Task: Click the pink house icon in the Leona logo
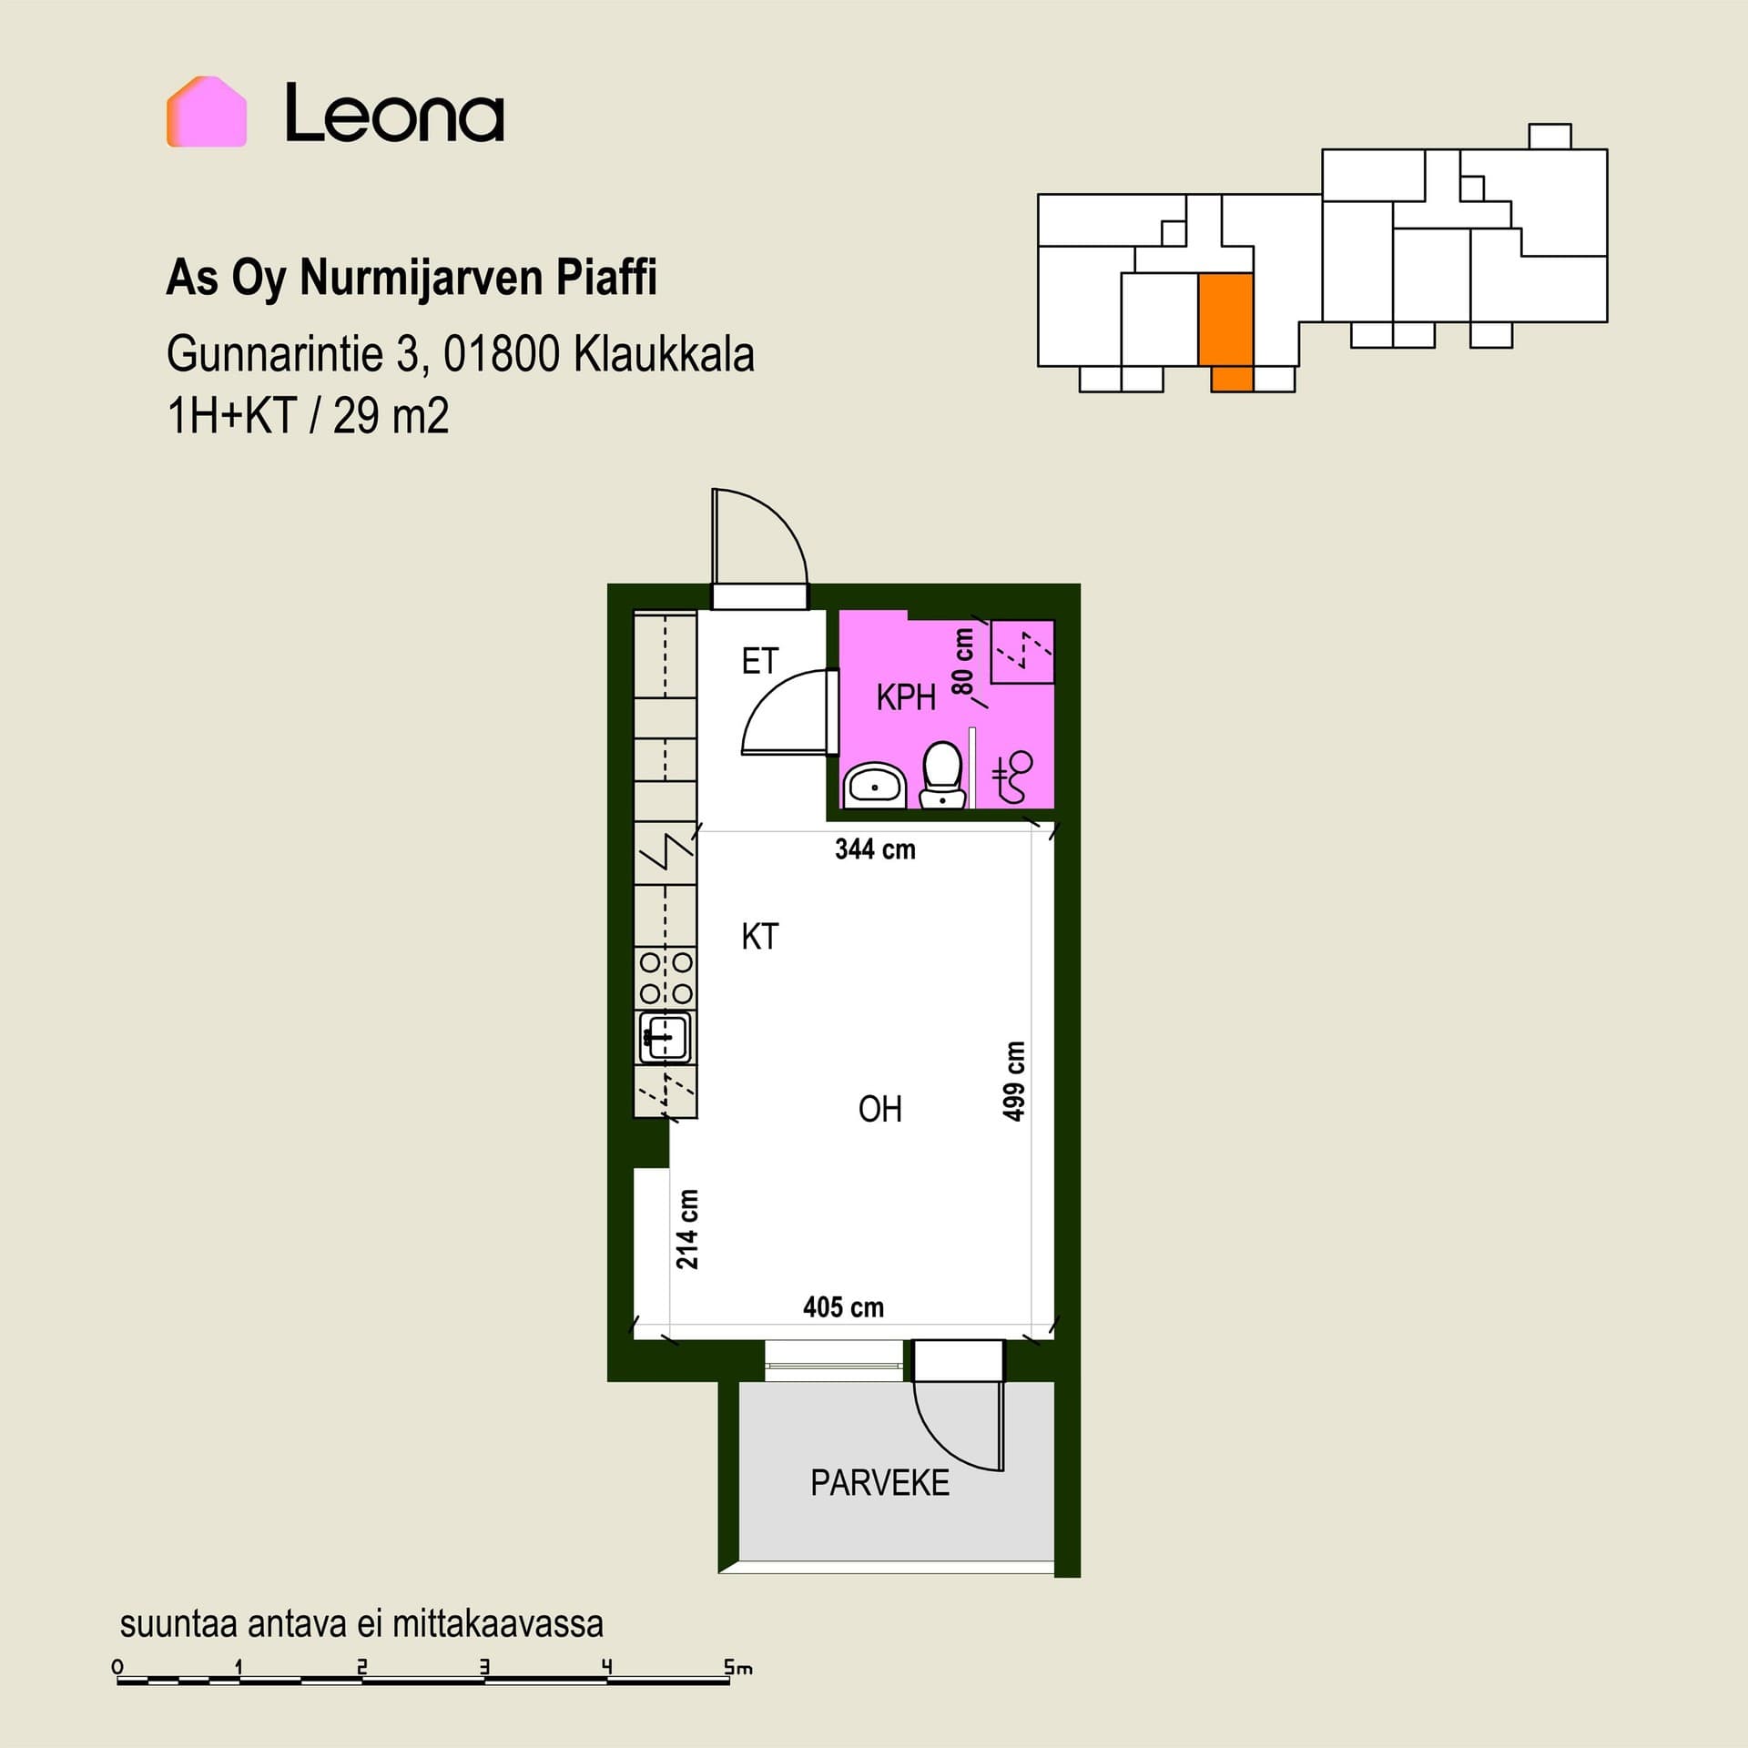coord(207,112)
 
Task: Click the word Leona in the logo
coord(394,113)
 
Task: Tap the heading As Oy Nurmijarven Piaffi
coord(412,278)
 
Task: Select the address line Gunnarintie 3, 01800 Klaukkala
coord(461,354)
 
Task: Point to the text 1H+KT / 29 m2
coord(308,417)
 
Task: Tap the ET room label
coord(760,661)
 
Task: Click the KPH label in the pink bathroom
coord(906,697)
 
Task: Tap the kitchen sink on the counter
coord(665,1036)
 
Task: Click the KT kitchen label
coord(760,937)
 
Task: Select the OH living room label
coord(880,1109)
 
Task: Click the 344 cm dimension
coord(875,849)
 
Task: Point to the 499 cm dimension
coord(1013,1081)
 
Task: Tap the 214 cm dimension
coord(687,1229)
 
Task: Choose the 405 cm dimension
coord(843,1307)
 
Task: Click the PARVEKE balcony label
coord(879,1483)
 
